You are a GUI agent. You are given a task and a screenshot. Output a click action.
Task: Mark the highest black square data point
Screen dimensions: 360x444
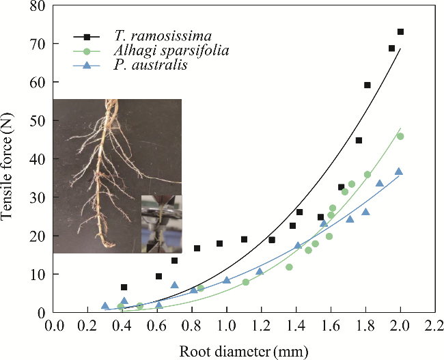400,32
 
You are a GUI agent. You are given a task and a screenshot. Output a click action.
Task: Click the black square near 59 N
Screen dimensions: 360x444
367,85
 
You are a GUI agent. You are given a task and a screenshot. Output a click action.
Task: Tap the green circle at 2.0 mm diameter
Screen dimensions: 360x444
400,137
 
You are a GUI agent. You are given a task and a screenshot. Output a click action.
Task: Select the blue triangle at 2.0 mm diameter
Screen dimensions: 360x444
399,171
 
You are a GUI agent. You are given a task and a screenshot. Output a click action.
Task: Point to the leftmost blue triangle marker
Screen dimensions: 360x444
105,306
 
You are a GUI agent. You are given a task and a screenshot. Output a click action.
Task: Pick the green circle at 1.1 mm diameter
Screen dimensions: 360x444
245,282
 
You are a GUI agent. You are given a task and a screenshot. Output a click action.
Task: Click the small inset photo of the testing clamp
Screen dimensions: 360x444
162,223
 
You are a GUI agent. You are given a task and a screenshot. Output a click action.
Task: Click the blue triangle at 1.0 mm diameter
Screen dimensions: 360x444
227,280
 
